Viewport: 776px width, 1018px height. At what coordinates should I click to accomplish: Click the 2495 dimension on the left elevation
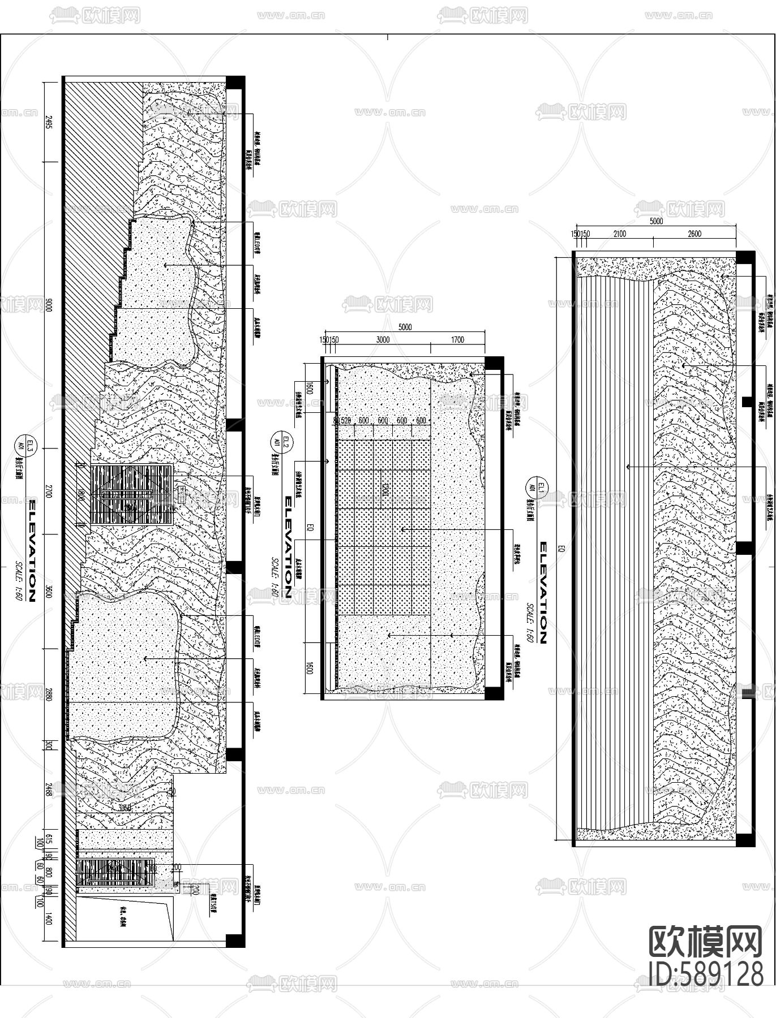pyautogui.click(x=49, y=123)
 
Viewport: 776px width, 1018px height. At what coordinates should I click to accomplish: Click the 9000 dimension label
pyautogui.click(x=49, y=307)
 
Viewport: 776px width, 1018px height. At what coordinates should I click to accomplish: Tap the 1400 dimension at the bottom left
pyautogui.click(x=49, y=918)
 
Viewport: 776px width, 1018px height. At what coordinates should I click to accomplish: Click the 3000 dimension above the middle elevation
pyautogui.click(x=383, y=340)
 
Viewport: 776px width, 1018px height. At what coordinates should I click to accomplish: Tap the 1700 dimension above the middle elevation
pyautogui.click(x=457, y=340)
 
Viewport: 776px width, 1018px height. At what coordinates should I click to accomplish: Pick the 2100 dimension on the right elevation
pyautogui.click(x=619, y=234)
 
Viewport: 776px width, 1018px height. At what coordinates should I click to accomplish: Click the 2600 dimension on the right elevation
pyautogui.click(x=694, y=234)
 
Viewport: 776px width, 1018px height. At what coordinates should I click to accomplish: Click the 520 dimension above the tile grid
pyautogui.click(x=345, y=421)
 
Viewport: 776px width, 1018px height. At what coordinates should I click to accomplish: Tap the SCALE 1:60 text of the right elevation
pyautogui.click(x=530, y=624)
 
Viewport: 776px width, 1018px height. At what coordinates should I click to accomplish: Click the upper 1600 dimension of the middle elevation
pyautogui.click(x=310, y=388)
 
